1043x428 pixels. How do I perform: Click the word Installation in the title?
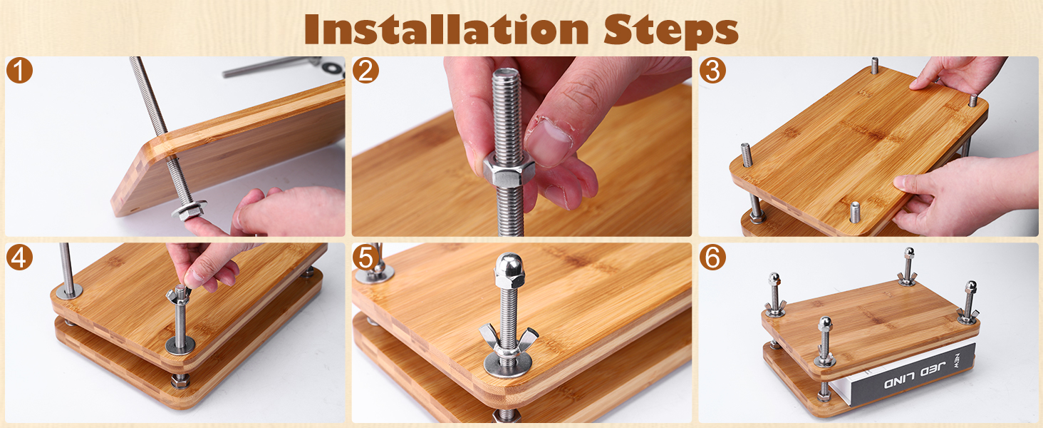(447, 29)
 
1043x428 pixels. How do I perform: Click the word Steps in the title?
(671, 31)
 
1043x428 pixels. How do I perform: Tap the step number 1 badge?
(19, 71)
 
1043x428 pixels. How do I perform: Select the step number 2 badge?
(365, 71)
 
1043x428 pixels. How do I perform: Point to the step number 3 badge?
(712, 71)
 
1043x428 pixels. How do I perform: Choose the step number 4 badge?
(19, 257)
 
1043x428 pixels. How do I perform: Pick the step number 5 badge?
(365, 257)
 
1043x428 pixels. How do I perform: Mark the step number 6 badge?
(712, 257)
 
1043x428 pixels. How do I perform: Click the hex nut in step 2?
(505, 171)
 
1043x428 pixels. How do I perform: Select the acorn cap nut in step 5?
(509, 270)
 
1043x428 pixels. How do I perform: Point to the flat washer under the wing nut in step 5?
(508, 365)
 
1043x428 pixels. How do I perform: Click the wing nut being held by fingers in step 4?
(178, 295)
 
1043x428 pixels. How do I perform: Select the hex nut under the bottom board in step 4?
(180, 381)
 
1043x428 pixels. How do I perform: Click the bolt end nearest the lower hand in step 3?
(855, 212)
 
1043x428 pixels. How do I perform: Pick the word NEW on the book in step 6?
(956, 362)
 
